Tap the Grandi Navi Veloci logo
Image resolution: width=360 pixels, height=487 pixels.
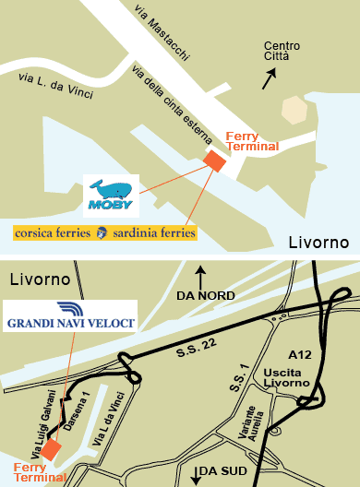coord(71,315)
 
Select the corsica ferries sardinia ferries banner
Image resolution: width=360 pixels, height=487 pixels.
coord(105,232)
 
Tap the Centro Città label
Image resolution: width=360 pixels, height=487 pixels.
coord(282,52)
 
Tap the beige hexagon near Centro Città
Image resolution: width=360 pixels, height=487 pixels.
coord(295,110)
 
